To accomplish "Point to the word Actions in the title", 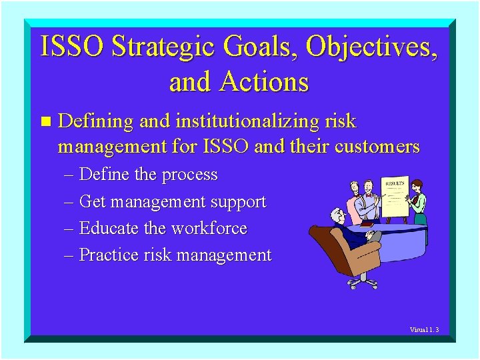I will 265,82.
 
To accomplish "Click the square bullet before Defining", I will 45,121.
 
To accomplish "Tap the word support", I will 238,201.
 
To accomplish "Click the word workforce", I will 209,228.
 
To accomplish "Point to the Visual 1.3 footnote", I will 424,329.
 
